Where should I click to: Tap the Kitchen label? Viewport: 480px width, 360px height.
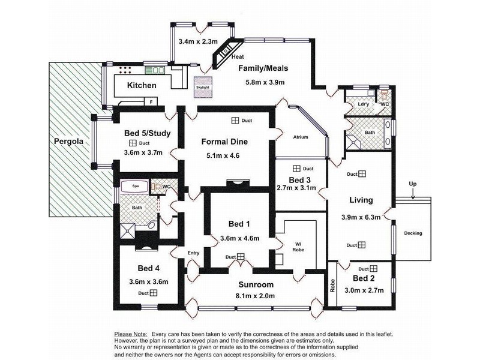pos(142,86)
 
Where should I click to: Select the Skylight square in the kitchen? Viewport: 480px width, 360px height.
pos(202,86)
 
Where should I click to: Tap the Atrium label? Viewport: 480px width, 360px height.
pos(300,137)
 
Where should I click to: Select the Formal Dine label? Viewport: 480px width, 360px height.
pos(227,142)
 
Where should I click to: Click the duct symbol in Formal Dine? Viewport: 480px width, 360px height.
pos(235,121)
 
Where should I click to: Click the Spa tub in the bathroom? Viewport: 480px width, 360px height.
pos(136,187)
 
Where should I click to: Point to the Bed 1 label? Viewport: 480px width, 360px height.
pos(239,224)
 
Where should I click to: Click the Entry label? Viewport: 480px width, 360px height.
pos(193,253)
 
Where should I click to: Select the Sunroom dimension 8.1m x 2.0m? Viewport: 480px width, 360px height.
pos(254,296)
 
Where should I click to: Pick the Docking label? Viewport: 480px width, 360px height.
pos(413,233)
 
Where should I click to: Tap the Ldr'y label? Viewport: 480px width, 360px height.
pos(362,103)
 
